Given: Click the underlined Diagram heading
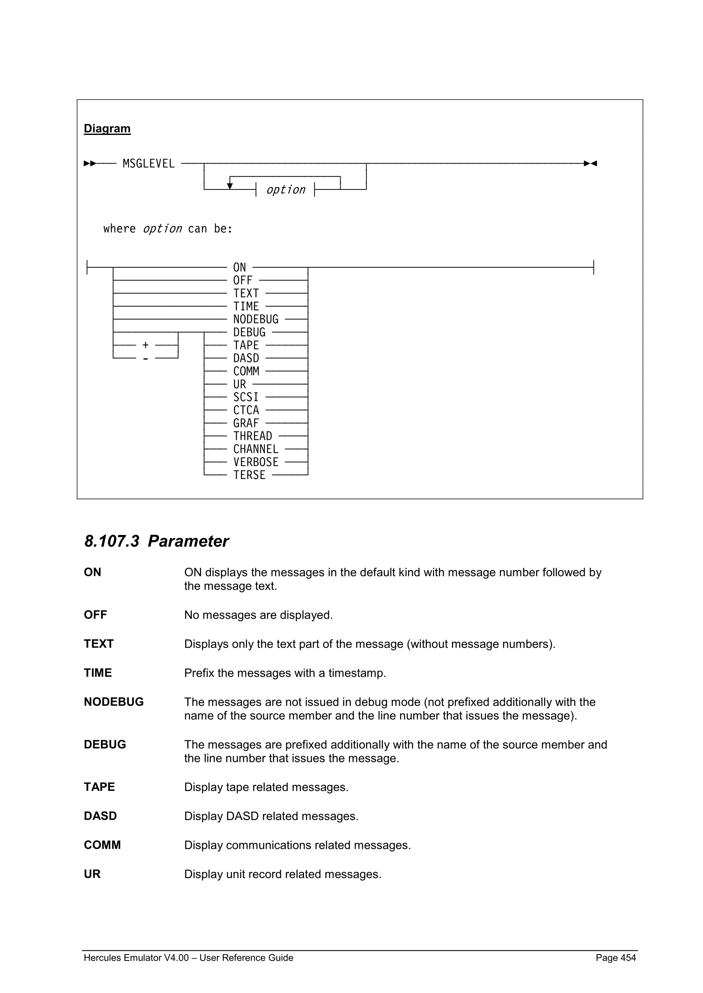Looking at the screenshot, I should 107,128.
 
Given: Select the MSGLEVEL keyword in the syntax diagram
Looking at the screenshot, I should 148,164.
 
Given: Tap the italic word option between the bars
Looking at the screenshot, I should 286,190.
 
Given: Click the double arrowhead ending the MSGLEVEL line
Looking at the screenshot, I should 590,164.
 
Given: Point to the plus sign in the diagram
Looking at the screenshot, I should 146,345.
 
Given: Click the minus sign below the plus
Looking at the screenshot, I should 146,358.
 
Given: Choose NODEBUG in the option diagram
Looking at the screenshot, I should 256,320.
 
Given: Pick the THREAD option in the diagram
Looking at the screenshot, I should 252,437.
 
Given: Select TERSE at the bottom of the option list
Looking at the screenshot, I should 249,475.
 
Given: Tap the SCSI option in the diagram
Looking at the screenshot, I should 246,397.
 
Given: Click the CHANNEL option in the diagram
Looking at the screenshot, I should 256,450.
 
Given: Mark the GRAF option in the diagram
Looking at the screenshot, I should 246,424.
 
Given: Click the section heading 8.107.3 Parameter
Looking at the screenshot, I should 156,541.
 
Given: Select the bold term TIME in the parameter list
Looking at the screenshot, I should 98,673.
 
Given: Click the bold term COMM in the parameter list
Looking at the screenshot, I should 102,845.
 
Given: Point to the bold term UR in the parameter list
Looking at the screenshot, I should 92,874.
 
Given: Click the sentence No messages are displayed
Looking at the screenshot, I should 258,615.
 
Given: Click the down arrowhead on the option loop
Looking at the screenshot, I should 230,186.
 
